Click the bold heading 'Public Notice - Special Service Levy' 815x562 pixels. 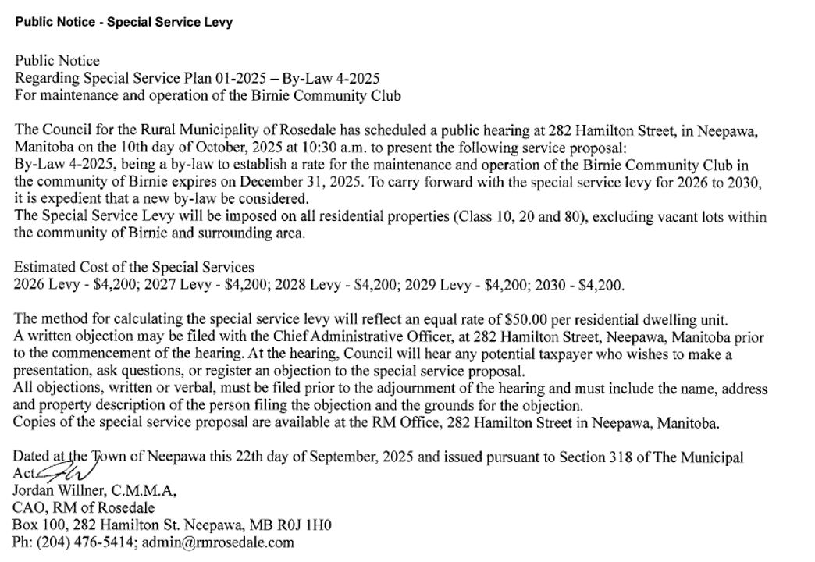(x=123, y=23)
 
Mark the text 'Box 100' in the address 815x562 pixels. (x=34, y=525)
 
